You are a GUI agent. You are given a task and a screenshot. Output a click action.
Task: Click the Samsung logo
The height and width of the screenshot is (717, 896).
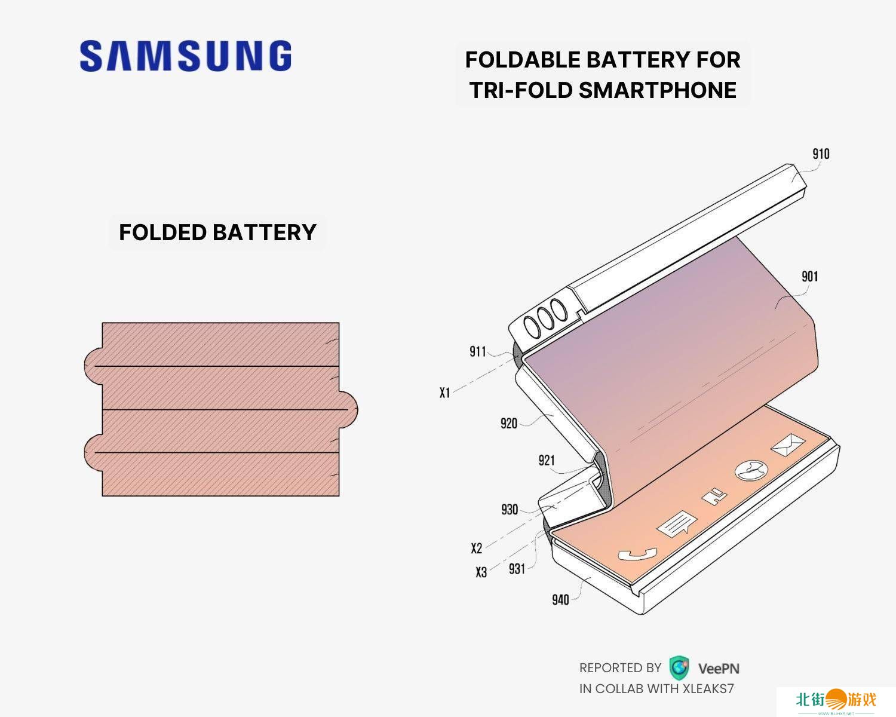click(186, 56)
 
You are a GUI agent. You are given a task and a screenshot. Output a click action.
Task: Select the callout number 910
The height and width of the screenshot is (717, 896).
click(821, 154)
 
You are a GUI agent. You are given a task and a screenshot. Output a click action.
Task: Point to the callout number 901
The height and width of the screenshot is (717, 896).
click(809, 276)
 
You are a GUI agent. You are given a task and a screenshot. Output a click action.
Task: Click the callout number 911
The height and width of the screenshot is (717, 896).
click(478, 351)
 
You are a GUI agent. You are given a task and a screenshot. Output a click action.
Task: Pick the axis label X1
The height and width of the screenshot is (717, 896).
click(444, 393)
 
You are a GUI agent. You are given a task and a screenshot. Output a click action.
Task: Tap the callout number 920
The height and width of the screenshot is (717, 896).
click(508, 424)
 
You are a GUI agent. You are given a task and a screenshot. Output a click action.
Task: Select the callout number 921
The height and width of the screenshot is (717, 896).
click(547, 460)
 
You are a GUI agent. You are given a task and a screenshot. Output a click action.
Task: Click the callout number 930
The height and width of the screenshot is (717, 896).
click(510, 510)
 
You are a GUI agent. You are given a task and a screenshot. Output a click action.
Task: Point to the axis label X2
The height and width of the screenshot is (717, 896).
click(476, 548)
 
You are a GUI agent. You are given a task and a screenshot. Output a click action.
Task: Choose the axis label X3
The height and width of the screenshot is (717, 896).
click(481, 572)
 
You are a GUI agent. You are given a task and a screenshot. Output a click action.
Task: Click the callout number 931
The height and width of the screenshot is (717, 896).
click(517, 568)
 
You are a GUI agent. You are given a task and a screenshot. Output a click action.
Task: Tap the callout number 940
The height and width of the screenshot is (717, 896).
click(560, 599)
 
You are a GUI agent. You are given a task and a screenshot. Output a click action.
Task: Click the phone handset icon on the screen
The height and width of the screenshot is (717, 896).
click(637, 554)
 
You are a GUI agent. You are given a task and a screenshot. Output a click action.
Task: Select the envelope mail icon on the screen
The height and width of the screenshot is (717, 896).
click(788, 445)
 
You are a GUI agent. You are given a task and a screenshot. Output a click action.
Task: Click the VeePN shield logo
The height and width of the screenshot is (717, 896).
click(679, 667)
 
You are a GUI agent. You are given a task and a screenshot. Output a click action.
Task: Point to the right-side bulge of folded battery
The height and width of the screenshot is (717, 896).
click(349, 409)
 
